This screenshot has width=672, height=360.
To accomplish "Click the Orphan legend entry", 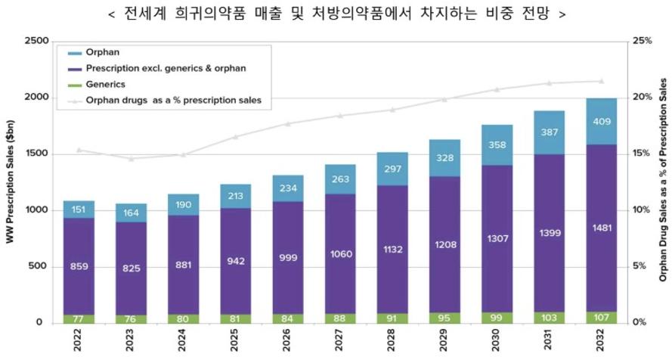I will (101, 54).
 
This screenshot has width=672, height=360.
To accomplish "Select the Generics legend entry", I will (106, 84).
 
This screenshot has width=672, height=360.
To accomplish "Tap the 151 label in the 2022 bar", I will (79, 209).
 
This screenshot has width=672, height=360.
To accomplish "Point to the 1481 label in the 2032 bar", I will (602, 227).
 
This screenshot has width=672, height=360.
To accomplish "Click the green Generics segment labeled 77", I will (79, 318).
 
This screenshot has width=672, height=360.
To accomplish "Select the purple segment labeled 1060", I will (341, 253).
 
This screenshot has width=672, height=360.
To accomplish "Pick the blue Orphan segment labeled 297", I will (393, 168).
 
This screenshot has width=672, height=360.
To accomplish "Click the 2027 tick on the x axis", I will (341, 341).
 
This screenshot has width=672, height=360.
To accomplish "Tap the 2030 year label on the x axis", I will (498, 341).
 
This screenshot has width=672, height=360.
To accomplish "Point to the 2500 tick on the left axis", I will (36, 41).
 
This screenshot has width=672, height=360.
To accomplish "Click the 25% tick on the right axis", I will (643, 41).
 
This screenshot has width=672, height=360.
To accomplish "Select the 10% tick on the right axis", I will (643, 210).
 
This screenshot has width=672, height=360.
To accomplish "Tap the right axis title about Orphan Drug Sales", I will (662, 182).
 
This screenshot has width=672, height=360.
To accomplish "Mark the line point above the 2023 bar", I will (131, 159).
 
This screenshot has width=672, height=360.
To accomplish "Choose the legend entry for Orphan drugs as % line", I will (173, 99).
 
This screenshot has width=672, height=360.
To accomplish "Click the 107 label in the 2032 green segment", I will (602, 317).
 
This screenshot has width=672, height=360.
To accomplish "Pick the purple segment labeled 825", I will (131, 268).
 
